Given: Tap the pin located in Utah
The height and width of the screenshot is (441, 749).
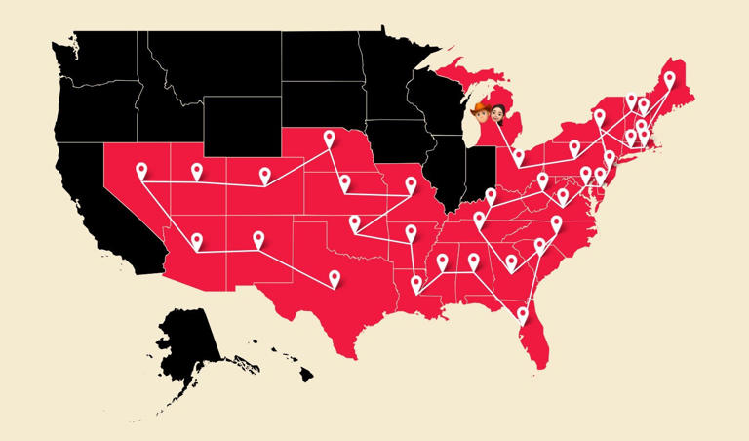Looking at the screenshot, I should [x=197, y=172].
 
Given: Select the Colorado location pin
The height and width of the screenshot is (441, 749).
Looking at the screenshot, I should [x=264, y=175].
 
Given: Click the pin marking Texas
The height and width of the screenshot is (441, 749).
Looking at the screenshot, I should [x=334, y=278].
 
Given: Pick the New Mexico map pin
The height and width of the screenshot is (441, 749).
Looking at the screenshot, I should [x=258, y=238].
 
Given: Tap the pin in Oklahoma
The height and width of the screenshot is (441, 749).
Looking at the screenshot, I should [x=355, y=223].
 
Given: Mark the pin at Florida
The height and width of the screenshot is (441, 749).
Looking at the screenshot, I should [x=523, y=314].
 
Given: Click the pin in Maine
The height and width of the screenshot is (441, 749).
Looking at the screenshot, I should [x=669, y=79].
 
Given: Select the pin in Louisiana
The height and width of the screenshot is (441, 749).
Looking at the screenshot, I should [x=417, y=284].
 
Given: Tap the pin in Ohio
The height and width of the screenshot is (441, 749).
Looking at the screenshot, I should [x=519, y=156].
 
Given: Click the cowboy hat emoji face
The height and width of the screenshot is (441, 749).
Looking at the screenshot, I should [x=479, y=117].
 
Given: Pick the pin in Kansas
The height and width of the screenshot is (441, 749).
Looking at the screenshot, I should [x=344, y=182].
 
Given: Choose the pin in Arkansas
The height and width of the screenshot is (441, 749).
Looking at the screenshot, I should [x=410, y=232].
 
